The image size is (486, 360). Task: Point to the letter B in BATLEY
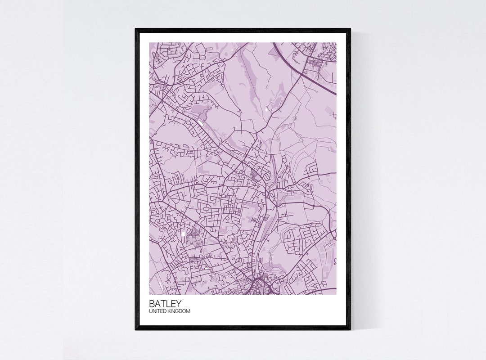point(152,303)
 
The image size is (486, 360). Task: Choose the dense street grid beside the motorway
point(317,63)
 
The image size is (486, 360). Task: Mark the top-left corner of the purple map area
point(149,43)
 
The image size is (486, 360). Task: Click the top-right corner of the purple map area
point(336,43)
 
